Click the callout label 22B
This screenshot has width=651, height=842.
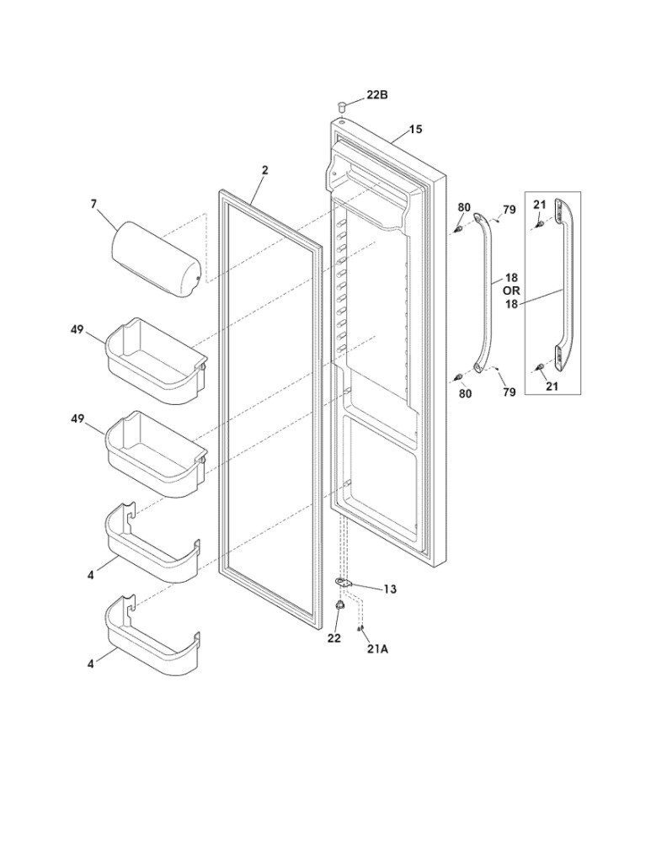point(377,96)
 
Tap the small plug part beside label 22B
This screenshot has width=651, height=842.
point(343,106)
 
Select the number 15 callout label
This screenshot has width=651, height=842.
point(416,130)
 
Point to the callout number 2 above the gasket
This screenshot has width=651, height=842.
point(264,170)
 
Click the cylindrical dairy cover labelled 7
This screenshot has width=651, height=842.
point(157,259)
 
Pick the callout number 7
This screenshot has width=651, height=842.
point(94,203)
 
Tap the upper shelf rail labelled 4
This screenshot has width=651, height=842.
point(152,543)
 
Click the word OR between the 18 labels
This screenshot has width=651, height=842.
point(511,290)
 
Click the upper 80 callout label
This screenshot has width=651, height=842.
point(464,207)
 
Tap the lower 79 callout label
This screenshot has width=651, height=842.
point(509,392)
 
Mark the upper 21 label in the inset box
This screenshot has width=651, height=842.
point(540,205)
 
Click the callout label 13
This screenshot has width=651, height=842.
point(390,589)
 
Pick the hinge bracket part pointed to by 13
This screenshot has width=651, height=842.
point(344,583)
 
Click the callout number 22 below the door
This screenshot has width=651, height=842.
point(334,638)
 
